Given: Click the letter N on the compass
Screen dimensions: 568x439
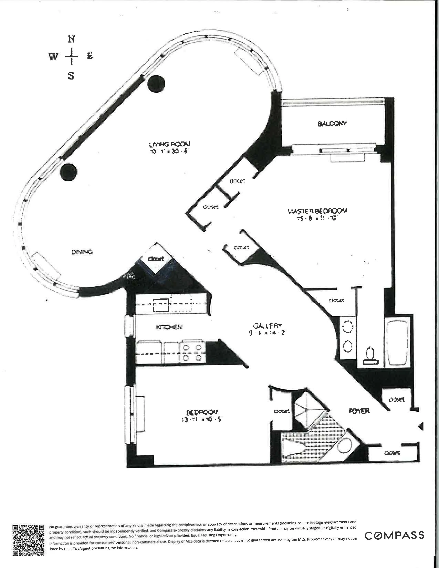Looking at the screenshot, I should [71, 39].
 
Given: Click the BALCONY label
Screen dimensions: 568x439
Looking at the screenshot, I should [332, 124].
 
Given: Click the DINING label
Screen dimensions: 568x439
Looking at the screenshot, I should [82, 252].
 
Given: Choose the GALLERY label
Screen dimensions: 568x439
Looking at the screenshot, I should [267, 326].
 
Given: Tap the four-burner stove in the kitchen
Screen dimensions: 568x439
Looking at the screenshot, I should [192, 352].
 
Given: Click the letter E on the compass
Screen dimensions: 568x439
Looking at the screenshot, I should [90, 56].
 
